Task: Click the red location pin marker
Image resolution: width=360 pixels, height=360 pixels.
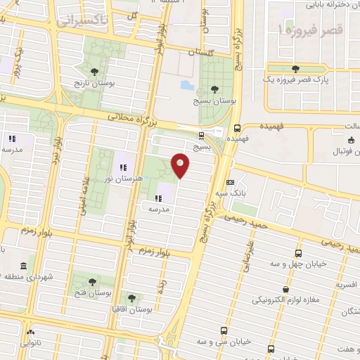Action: tap(181, 165)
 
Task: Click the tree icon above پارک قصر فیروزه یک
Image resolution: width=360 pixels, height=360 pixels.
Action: tap(293, 68)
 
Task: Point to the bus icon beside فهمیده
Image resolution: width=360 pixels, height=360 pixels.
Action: tap(237, 129)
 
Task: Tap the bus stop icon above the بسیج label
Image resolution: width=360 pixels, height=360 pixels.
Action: tap(202, 136)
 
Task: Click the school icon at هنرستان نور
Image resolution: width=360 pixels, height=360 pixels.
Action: tap(122, 167)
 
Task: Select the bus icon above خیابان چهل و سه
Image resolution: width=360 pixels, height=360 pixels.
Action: tap(298, 253)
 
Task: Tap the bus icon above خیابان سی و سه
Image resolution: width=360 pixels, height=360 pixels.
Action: tap(224, 330)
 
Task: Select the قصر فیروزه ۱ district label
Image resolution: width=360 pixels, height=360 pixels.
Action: tap(309, 31)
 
